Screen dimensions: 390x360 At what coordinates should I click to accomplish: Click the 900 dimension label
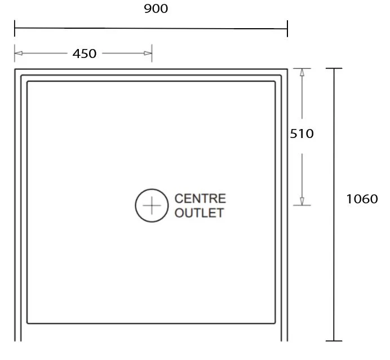(156, 8)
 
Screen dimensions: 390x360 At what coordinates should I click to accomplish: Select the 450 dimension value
(85, 54)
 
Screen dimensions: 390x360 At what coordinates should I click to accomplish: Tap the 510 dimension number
(302, 134)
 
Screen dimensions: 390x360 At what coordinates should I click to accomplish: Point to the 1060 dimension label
(362, 199)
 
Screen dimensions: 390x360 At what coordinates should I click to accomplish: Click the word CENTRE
(200, 198)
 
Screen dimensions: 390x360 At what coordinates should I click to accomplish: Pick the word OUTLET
(199, 213)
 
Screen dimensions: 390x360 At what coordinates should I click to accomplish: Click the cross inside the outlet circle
(152, 206)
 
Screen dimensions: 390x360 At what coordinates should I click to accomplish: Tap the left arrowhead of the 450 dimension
(19, 53)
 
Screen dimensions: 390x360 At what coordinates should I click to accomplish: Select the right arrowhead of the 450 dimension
(148, 53)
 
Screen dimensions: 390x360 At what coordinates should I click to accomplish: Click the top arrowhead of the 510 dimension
(302, 72)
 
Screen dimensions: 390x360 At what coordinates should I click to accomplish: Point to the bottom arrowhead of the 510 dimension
(302, 201)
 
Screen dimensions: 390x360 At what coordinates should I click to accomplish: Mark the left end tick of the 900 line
(15, 28)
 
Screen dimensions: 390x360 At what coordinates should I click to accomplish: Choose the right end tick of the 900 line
(287, 29)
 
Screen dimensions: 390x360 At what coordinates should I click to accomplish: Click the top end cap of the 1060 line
(334, 68)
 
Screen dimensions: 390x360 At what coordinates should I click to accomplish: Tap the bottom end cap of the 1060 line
(334, 341)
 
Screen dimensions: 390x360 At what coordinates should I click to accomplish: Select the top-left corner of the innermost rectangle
(28, 82)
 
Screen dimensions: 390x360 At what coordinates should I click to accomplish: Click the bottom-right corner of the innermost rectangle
(275, 323)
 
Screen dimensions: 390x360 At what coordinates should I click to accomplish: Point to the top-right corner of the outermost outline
(287, 69)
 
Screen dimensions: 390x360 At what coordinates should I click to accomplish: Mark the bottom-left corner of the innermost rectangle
(28, 323)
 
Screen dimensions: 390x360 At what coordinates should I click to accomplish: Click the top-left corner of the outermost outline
(15, 69)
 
